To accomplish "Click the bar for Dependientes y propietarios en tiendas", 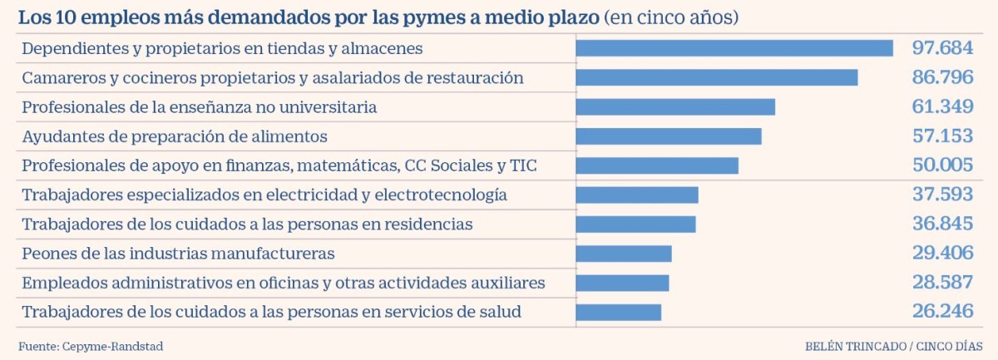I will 734,48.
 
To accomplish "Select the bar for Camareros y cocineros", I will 716,77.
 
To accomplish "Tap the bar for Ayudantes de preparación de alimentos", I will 668,136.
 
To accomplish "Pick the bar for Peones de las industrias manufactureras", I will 623,254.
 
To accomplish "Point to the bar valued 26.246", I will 618,312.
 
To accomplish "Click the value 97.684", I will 942,48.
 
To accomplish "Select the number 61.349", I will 942,107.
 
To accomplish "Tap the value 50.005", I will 942,165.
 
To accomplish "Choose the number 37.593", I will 942,195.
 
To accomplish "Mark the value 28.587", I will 942,283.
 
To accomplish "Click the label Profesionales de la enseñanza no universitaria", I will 200,107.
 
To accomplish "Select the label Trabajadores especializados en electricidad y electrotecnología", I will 264,195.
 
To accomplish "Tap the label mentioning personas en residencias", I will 247,224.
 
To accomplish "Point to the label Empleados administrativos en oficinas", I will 283,283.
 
